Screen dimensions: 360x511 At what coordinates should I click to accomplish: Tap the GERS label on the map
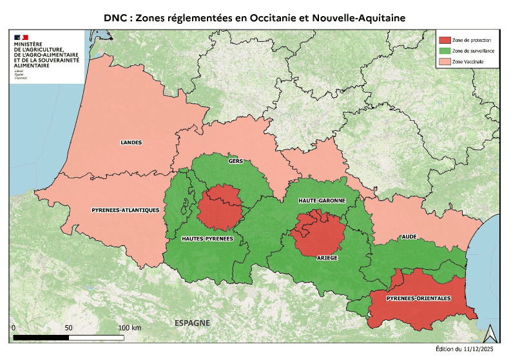click(x=235, y=162)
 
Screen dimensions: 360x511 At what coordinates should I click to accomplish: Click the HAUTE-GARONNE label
click(x=322, y=201)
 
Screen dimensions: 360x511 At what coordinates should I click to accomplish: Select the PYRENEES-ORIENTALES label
click(x=418, y=299)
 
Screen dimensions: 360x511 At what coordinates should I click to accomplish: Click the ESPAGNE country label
click(x=192, y=321)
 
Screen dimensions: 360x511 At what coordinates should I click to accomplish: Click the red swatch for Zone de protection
click(x=444, y=40)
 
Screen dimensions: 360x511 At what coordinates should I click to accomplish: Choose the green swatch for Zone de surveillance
click(x=444, y=51)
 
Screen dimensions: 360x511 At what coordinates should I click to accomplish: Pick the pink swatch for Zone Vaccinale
click(x=444, y=62)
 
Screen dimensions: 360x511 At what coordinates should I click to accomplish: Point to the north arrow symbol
click(x=489, y=332)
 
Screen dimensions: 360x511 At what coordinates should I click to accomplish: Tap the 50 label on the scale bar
click(x=69, y=328)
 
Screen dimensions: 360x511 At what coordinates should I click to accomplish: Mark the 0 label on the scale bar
click(x=14, y=328)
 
